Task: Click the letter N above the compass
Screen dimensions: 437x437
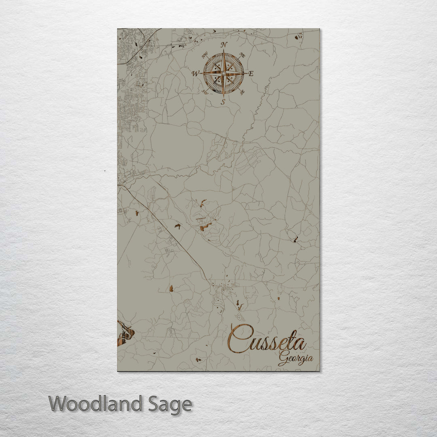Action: click(225, 45)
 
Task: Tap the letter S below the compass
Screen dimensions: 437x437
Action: click(223, 102)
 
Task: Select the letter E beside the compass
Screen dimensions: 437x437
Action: click(251, 74)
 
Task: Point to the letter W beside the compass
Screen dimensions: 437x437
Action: click(195, 74)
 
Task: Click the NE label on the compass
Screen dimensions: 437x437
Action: click(242, 55)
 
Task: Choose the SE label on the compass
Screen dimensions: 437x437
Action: click(242, 92)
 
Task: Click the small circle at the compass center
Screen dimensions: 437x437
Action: click(223, 73)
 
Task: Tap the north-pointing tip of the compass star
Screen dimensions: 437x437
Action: click(223, 50)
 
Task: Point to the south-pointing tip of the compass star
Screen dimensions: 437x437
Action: click(223, 97)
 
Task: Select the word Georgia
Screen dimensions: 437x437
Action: click(295, 359)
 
